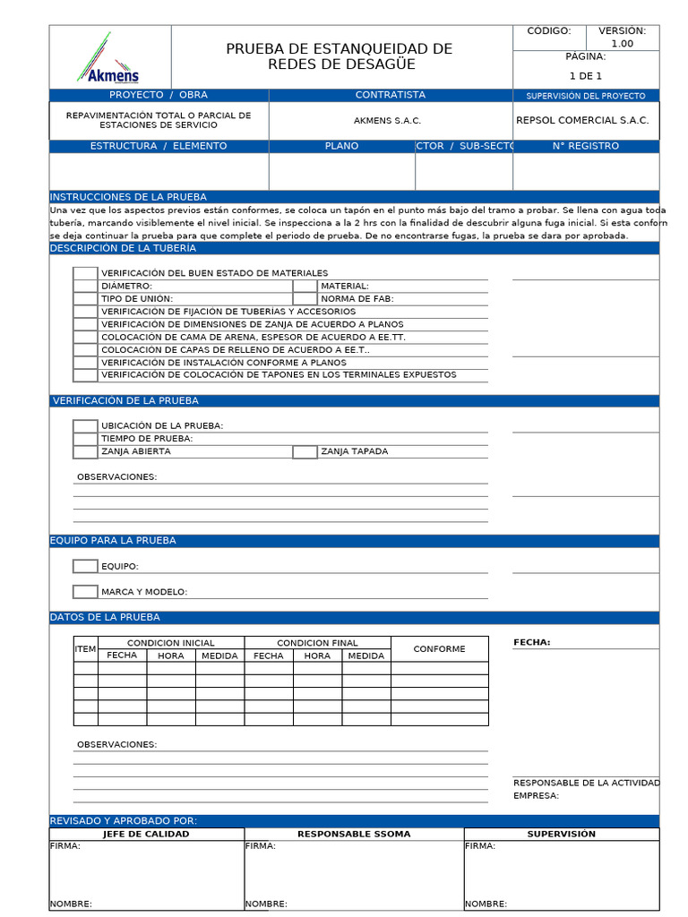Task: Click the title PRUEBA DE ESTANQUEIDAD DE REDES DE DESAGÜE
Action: pyautogui.click(x=339, y=56)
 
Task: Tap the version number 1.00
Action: pyautogui.click(x=622, y=43)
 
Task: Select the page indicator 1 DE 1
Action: pyautogui.click(x=585, y=76)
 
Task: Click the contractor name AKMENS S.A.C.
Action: pyautogui.click(x=387, y=121)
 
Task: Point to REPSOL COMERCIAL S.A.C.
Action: pyautogui.click(x=582, y=120)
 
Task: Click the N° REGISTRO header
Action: pyautogui.click(x=585, y=146)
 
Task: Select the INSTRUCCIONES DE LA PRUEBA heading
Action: pyautogui.click(x=128, y=197)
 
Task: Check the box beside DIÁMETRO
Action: pyautogui.click(x=85, y=286)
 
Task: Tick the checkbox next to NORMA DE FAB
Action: pyautogui.click(x=305, y=298)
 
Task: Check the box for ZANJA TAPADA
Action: pyautogui.click(x=305, y=452)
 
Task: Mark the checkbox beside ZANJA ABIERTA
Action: pyautogui.click(x=85, y=452)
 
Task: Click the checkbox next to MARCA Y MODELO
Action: pyautogui.click(x=85, y=592)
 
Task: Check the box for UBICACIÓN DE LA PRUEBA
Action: pyautogui.click(x=85, y=426)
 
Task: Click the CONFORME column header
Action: pyautogui.click(x=439, y=649)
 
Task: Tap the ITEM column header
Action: pyautogui.click(x=85, y=649)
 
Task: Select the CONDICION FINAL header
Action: pyautogui.click(x=317, y=643)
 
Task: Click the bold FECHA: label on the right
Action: pyautogui.click(x=531, y=642)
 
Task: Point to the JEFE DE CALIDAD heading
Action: pyautogui.click(x=146, y=834)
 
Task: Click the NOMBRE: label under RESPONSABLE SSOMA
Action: pyautogui.click(x=266, y=904)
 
